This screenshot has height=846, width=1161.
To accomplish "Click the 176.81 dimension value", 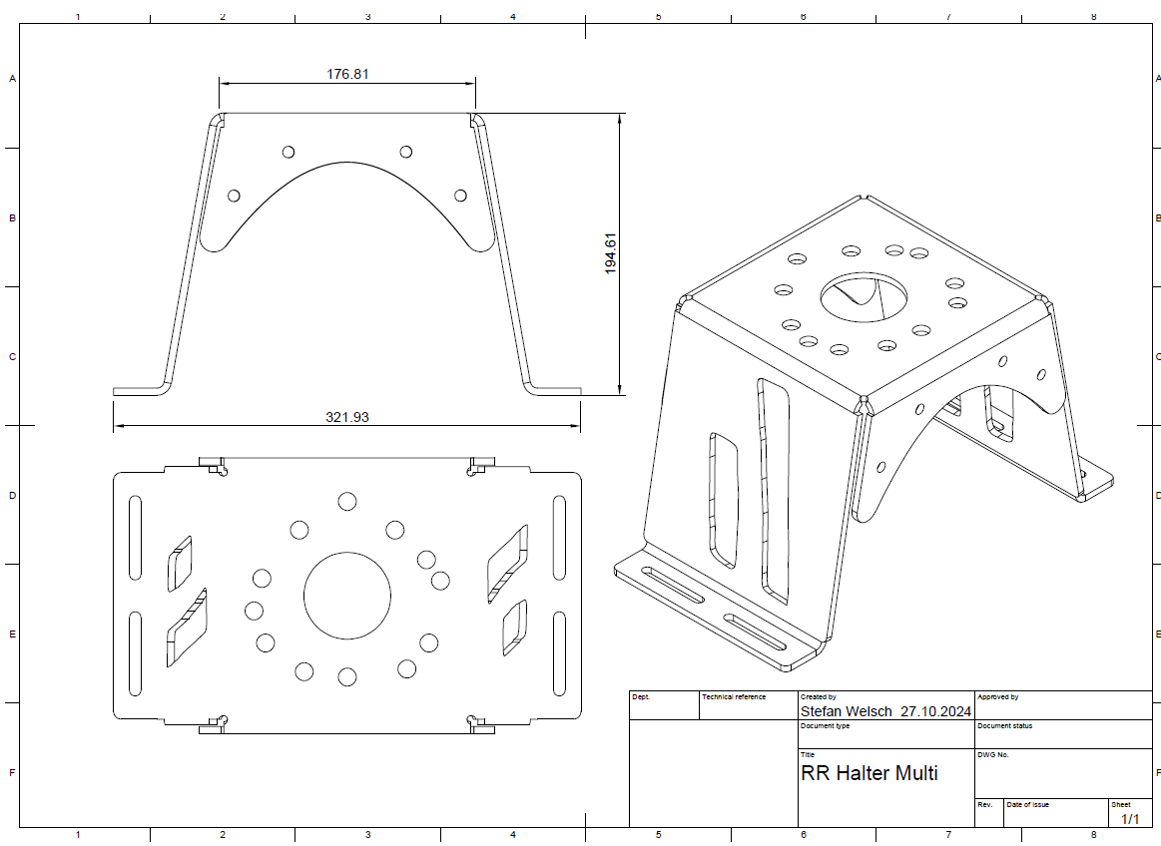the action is click(347, 74).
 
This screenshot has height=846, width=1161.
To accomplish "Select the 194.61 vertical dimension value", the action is click(611, 253).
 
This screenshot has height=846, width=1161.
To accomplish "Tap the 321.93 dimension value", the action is click(347, 417).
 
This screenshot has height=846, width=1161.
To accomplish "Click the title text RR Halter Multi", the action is click(870, 773).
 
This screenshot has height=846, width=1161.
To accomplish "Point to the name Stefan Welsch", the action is click(847, 711).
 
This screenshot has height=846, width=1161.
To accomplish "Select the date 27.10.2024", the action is click(936, 711).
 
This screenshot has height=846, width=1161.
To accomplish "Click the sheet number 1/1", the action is click(1131, 819).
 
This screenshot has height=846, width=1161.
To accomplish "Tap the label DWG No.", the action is click(993, 755).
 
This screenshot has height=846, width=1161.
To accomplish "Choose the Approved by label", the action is click(997, 696).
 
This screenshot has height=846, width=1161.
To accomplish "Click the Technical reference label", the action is click(734, 696).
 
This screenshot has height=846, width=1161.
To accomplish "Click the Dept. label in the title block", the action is click(641, 696).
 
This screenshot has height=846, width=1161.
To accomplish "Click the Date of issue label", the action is click(1027, 804).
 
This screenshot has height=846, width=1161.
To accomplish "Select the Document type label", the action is click(825, 726).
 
